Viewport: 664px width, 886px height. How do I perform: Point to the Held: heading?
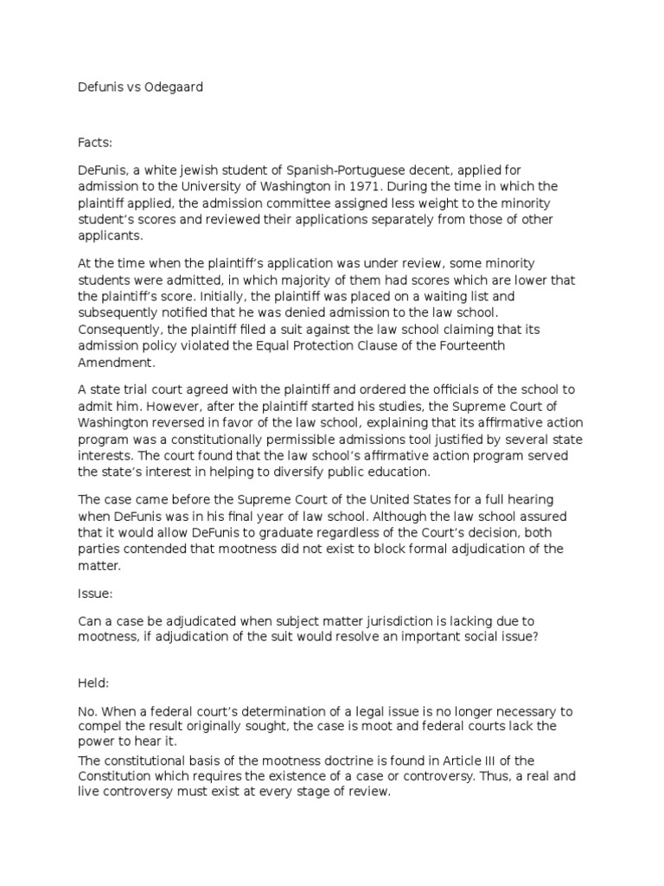(94, 684)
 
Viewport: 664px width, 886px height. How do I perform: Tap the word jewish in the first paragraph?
(203, 170)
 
